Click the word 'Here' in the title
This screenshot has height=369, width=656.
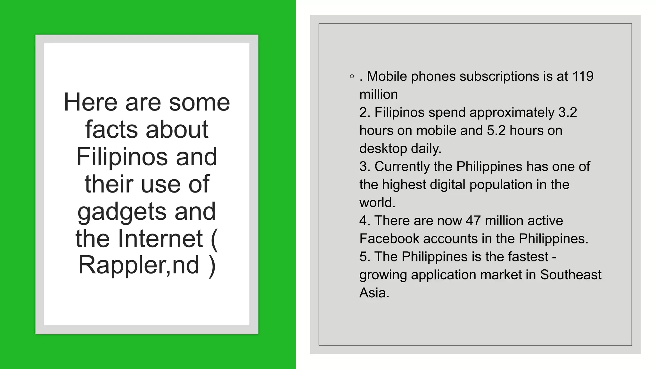(x=91, y=102)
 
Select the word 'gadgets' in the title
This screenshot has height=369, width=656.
(x=122, y=212)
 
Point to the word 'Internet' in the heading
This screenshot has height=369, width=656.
(x=160, y=239)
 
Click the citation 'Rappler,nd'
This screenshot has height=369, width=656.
(x=139, y=265)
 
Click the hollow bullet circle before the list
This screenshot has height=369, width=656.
(x=352, y=77)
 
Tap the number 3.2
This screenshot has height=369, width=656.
(x=568, y=112)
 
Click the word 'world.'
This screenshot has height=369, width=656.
(x=377, y=203)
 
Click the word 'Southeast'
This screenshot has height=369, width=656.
(x=571, y=275)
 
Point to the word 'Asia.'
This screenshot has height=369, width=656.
(x=374, y=293)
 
